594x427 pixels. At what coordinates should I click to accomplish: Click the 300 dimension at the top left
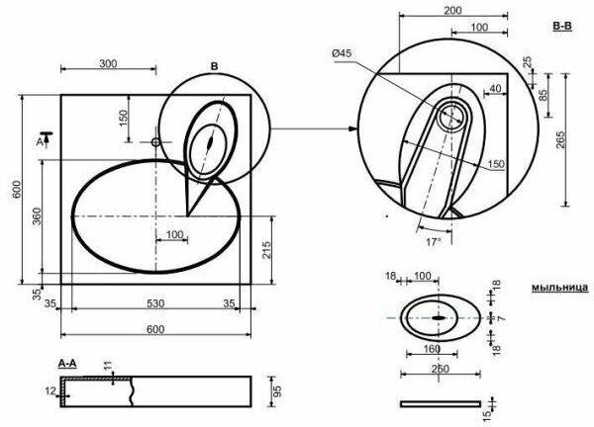[108, 62]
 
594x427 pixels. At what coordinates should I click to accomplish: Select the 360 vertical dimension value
[36, 217]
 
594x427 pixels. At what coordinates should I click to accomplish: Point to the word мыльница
[559, 287]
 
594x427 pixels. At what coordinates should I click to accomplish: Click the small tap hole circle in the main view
[155, 142]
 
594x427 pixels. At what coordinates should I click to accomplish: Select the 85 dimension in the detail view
[544, 97]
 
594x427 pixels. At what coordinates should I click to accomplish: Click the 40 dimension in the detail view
[494, 88]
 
